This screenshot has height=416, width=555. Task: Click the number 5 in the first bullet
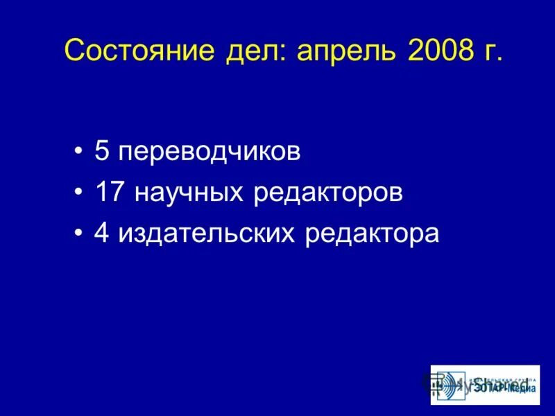click(x=101, y=152)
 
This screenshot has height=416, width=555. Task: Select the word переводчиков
click(x=209, y=153)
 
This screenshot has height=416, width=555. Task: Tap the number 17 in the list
click(x=110, y=193)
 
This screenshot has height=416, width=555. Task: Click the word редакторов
click(x=328, y=193)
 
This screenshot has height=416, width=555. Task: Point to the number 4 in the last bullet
click(x=102, y=234)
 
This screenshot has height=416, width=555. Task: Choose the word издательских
click(x=207, y=234)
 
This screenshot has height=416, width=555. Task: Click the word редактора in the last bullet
click(x=373, y=234)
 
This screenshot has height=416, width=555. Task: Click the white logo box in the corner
click(x=484, y=385)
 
